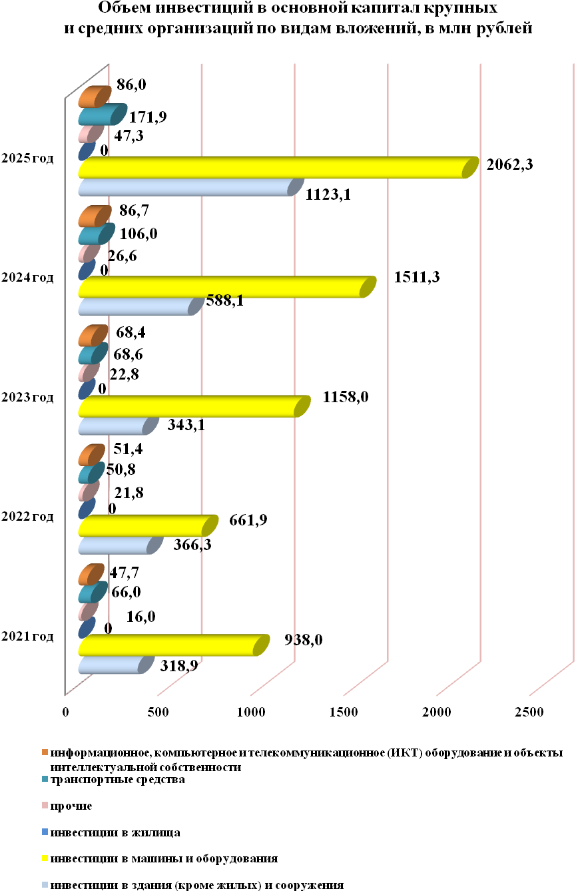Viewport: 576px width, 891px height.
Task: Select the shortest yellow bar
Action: (146, 526)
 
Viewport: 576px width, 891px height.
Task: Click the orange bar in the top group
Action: (94, 97)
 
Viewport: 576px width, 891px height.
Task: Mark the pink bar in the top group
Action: (90, 133)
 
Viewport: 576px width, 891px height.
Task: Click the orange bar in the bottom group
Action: (91, 574)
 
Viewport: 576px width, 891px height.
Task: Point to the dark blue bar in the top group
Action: (86, 150)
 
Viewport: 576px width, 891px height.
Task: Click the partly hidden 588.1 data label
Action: (224, 298)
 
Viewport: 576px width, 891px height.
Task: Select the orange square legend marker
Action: (45, 752)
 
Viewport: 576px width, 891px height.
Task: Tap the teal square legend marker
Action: (45, 778)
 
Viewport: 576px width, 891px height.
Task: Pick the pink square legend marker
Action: (45, 805)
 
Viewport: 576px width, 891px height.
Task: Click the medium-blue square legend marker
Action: (45, 832)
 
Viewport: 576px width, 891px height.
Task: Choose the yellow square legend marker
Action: (45, 858)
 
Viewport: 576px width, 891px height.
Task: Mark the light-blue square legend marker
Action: (45, 884)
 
